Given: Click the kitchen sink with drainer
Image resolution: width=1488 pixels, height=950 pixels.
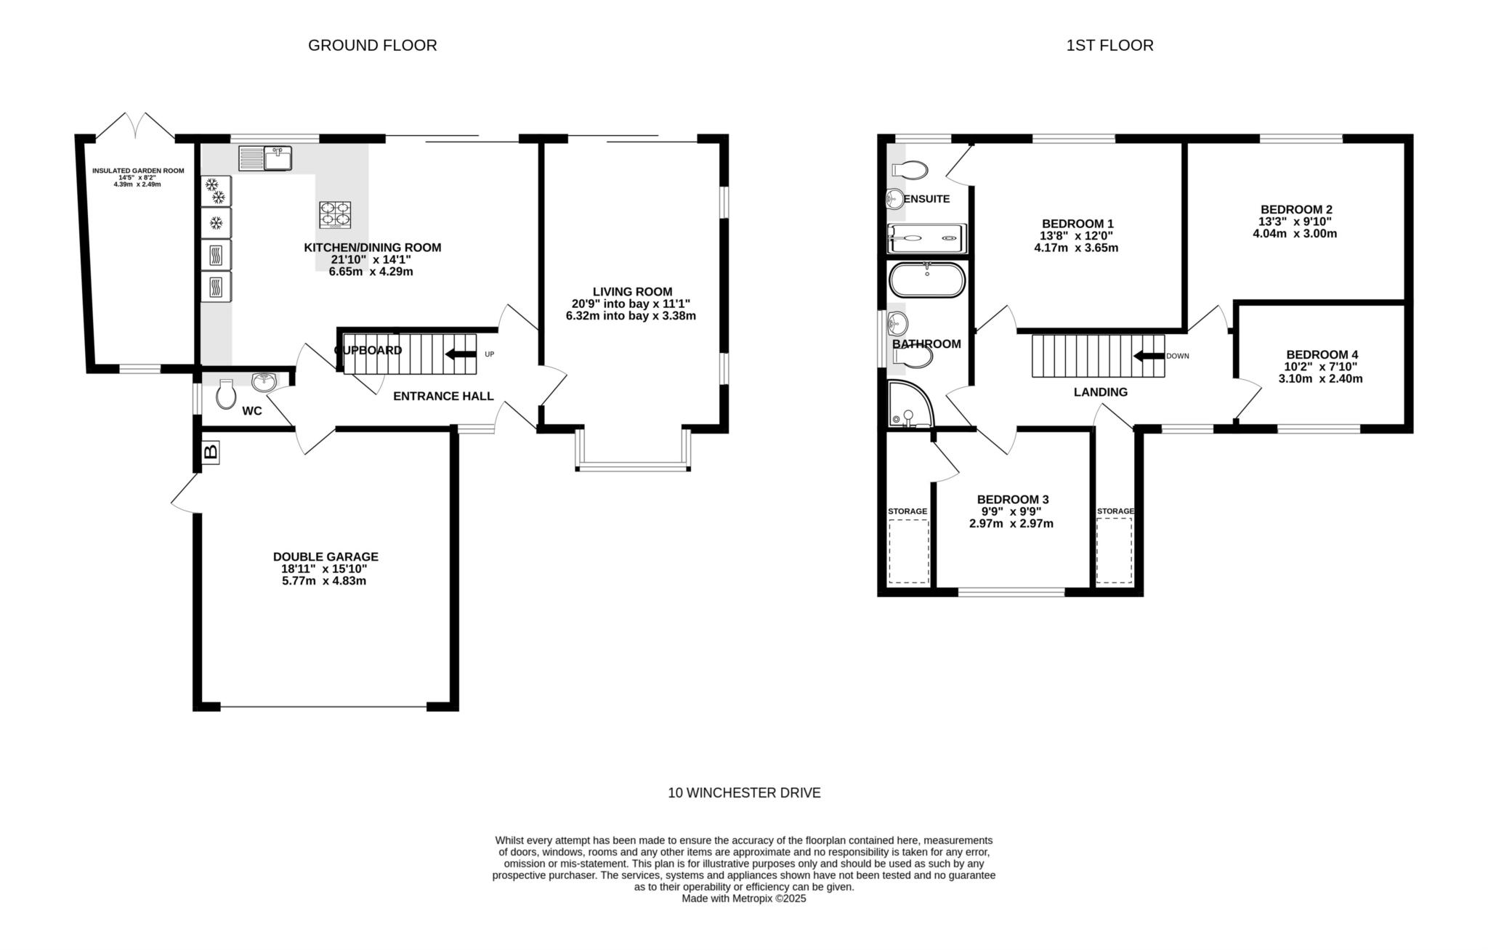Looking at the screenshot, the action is click(265, 158).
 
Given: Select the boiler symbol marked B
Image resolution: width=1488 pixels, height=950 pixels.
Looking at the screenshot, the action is click(211, 452).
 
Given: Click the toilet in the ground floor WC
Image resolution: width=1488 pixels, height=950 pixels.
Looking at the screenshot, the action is click(226, 394).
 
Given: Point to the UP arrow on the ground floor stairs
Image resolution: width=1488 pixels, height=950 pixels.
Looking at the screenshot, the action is click(460, 354).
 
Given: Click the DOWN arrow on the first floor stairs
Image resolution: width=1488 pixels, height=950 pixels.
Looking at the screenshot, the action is click(1149, 356).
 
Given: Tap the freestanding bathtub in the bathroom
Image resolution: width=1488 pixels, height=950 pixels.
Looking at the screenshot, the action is click(927, 280).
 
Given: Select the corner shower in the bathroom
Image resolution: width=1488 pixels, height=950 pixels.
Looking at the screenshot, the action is click(911, 403).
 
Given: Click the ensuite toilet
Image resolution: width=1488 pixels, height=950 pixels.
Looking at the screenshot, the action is click(910, 170).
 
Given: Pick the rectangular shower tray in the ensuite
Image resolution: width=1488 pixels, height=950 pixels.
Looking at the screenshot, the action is click(928, 238).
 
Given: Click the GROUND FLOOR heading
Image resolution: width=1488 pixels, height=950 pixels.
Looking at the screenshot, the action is click(373, 45).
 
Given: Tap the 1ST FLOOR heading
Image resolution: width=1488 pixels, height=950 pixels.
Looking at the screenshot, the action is click(1109, 45).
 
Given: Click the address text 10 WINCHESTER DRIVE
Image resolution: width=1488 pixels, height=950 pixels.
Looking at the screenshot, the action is click(744, 792).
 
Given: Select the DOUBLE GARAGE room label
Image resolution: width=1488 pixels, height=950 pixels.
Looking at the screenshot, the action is click(325, 557).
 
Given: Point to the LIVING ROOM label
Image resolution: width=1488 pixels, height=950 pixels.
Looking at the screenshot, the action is click(632, 291).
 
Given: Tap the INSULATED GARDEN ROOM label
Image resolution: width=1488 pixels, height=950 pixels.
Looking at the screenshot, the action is click(138, 171).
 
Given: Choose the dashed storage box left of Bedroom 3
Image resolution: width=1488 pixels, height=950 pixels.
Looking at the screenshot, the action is click(909, 551).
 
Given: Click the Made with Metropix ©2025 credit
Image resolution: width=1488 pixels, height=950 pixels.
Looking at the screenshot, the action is click(744, 898).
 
